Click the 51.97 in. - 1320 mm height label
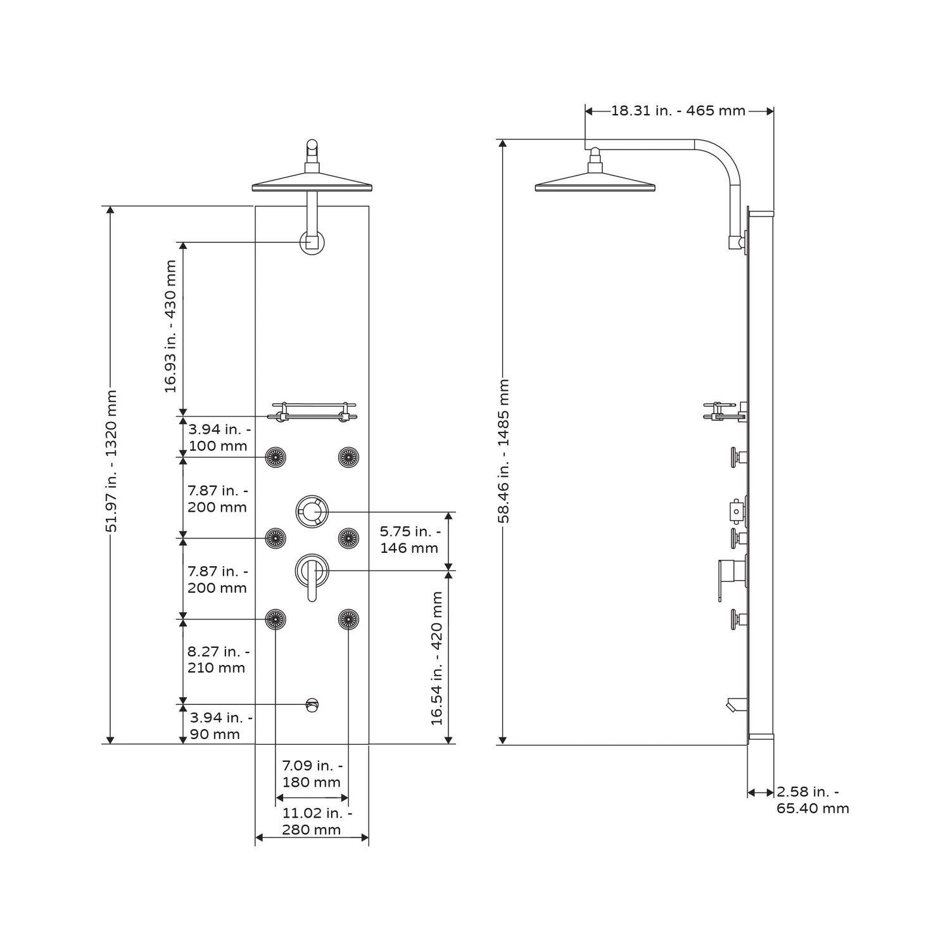point(111,460)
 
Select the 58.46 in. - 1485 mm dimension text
point(504,450)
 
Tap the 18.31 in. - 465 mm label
point(678,111)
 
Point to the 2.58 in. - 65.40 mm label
point(812,800)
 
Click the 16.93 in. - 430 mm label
point(171,326)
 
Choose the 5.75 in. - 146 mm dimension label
point(410,540)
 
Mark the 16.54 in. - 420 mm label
point(437,658)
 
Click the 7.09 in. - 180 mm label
point(312,773)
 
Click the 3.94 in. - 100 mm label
point(218,437)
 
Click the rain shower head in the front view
point(312,186)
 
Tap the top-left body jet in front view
point(275,457)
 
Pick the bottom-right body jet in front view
point(348,619)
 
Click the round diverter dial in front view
point(312,510)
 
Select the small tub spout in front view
point(312,704)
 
